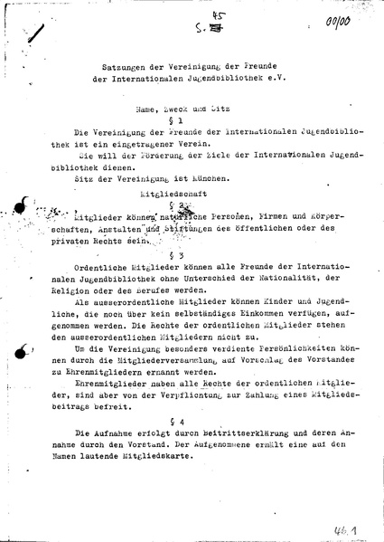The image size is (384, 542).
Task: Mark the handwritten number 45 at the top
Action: click(x=191, y=10)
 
